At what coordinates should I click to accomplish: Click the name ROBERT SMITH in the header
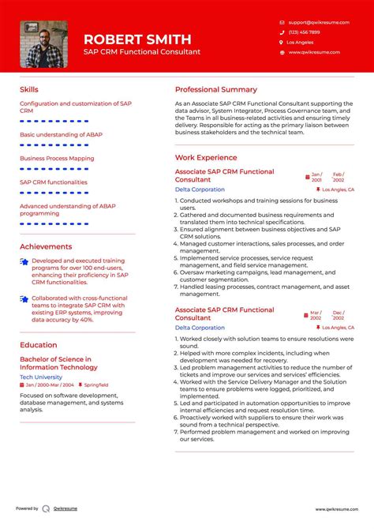[x=137, y=39]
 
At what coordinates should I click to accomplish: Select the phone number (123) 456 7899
[x=305, y=32]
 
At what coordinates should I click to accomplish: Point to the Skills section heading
[x=28, y=90]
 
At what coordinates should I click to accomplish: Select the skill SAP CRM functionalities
[x=54, y=182]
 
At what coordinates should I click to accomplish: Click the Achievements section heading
[x=46, y=246]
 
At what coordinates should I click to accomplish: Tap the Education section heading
[x=39, y=344]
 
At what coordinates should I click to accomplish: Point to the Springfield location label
[x=95, y=385]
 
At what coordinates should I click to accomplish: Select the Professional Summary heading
[x=215, y=90]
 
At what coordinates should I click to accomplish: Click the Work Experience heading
[x=205, y=158]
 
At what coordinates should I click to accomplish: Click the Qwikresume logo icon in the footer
[x=47, y=509]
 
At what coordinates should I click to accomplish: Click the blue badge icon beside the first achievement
[x=24, y=261]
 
